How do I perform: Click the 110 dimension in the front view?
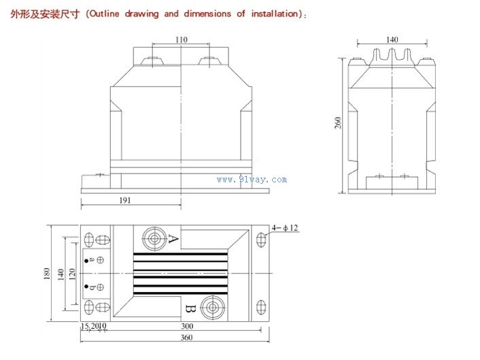click(182, 40)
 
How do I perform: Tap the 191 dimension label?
click(125, 200)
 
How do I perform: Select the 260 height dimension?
click(338, 123)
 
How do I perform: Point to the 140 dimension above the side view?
click(392, 40)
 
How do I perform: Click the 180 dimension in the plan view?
click(47, 274)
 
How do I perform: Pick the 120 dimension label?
click(72, 274)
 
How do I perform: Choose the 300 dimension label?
click(187, 326)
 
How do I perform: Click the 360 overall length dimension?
click(186, 338)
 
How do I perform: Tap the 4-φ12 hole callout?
click(285, 228)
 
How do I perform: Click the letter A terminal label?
click(173, 239)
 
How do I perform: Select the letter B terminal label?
click(190, 309)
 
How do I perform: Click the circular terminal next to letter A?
click(154, 239)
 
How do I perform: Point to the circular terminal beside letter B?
click(212, 308)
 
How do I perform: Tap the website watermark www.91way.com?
click(252, 180)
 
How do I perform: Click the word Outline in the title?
click(105, 14)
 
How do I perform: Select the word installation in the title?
click(274, 14)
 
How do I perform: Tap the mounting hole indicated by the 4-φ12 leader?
click(261, 240)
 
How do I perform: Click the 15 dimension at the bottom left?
click(84, 326)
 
